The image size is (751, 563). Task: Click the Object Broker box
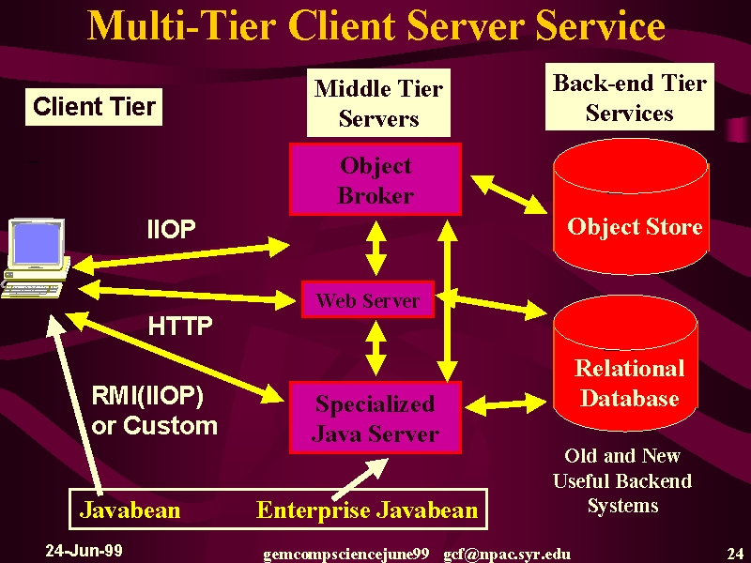coord(375,179)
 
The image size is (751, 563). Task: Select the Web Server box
coord(368,299)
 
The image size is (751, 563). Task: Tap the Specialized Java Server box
coord(375,418)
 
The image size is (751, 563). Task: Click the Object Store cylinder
coord(631,206)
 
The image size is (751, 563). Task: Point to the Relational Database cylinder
coord(625,364)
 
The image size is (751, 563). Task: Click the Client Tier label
coord(94,107)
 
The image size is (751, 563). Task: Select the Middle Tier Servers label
coord(378,103)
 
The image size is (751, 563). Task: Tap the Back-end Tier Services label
coord(630,98)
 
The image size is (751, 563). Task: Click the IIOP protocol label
coord(172,229)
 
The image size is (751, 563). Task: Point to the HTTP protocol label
coord(180,326)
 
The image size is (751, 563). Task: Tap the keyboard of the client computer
coord(31,290)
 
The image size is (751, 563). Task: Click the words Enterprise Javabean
coord(367,510)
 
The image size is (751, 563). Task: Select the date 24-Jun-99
coord(84,551)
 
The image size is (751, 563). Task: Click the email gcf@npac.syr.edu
coord(507,555)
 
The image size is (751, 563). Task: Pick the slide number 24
coord(735,554)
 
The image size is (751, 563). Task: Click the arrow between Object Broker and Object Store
coord(509,194)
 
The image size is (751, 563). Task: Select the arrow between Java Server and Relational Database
coord(506,404)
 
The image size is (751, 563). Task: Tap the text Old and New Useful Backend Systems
coord(622,480)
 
